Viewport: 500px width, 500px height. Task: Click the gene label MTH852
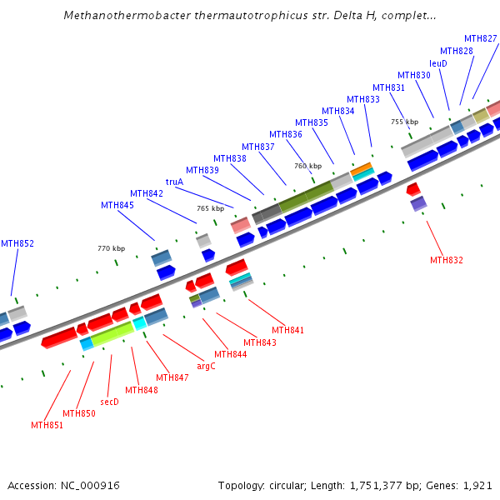click(x=17, y=243)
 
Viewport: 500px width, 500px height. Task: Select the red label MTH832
click(x=447, y=260)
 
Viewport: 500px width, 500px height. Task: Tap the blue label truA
click(x=174, y=182)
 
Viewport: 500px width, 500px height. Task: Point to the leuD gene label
click(x=438, y=63)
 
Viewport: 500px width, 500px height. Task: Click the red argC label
click(x=206, y=365)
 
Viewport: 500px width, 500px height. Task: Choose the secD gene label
click(x=109, y=402)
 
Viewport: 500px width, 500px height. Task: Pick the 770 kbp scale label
click(x=111, y=248)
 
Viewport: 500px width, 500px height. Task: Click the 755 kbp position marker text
click(x=404, y=122)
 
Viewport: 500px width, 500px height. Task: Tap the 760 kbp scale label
click(x=307, y=166)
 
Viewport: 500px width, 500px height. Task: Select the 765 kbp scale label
click(x=210, y=208)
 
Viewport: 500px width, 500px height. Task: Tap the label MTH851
click(x=47, y=425)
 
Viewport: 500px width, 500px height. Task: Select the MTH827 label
click(x=481, y=38)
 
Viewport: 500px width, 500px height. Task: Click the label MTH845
click(x=117, y=205)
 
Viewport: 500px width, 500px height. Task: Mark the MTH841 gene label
click(x=287, y=330)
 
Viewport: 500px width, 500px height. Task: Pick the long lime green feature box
click(x=112, y=334)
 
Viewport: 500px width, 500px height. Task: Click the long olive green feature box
click(x=306, y=196)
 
